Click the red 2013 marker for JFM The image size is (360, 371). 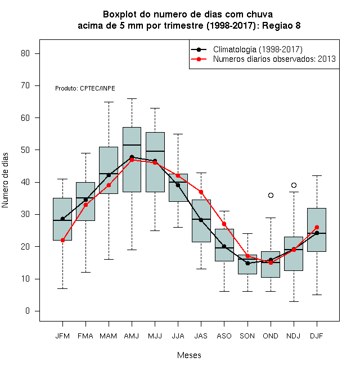(63, 240)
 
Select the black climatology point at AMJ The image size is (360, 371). (132, 157)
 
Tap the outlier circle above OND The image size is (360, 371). (271, 195)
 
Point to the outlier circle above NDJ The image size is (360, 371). (294, 185)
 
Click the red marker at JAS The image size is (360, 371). (201, 192)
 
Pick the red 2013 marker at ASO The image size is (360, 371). (224, 224)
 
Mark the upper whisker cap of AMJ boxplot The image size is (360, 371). (132, 98)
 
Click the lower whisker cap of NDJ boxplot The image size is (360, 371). (294, 301)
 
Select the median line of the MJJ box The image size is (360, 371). (155, 151)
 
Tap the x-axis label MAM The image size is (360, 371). (109, 336)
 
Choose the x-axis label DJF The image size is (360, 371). (317, 336)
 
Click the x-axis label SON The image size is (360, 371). (247, 336)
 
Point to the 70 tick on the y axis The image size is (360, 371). (37, 85)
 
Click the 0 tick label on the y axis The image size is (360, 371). (28, 311)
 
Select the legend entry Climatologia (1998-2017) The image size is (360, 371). (258, 49)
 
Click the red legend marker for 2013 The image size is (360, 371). (199, 59)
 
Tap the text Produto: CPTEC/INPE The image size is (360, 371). (85, 88)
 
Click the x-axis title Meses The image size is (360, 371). (189, 355)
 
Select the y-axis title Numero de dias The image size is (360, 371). (5, 180)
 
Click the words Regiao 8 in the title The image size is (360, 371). (281, 25)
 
